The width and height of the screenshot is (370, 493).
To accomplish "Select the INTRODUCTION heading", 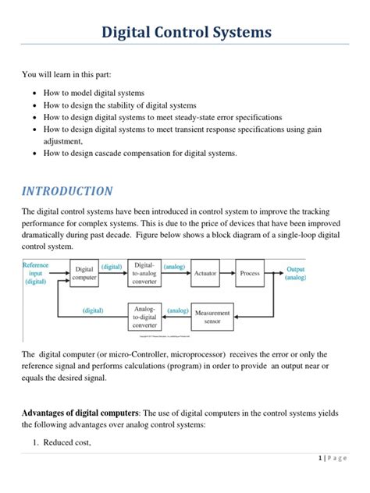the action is point(67,191).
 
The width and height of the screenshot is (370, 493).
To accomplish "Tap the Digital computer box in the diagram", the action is point(84,274).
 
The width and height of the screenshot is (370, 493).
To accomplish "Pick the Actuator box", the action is point(205,274).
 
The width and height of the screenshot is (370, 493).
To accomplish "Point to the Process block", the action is point(250,274).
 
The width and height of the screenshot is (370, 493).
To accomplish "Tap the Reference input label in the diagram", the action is point(36,274).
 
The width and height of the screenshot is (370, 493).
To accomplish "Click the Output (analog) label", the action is point(296,274).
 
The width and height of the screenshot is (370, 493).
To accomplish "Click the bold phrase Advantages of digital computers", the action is point(80,412).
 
